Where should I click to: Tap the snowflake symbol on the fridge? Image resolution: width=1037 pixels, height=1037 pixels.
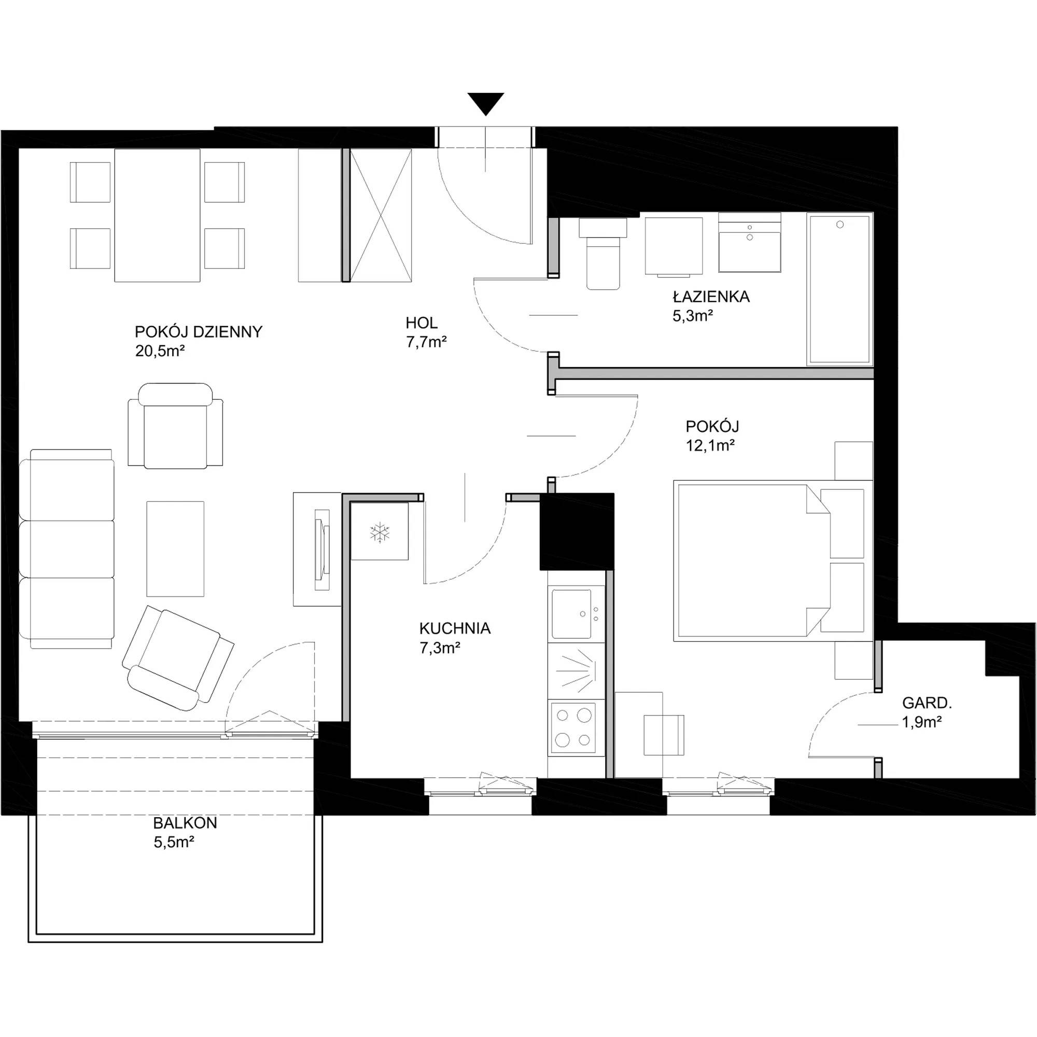(x=380, y=533)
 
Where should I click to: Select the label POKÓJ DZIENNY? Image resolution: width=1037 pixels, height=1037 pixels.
(x=199, y=332)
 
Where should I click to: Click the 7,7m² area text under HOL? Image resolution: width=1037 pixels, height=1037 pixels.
(x=427, y=342)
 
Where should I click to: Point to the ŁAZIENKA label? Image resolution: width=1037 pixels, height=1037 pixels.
(x=711, y=296)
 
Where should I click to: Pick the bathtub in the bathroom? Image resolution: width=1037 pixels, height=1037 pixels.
(x=839, y=290)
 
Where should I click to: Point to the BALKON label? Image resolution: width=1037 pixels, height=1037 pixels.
(x=185, y=823)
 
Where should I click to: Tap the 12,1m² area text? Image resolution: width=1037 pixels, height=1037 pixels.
(x=710, y=445)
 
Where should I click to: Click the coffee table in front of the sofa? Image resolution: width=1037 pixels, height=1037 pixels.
(x=176, y=549)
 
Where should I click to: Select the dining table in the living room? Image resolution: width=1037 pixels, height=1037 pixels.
(x=157, y=215)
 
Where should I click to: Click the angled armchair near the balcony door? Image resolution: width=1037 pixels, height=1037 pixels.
(x=178, y=657)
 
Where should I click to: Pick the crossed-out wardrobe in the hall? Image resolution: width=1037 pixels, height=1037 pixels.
(x=381, y=215)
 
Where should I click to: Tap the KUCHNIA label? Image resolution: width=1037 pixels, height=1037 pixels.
(x=455, y=628)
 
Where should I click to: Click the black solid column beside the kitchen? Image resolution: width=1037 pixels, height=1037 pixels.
(x=577, y=531)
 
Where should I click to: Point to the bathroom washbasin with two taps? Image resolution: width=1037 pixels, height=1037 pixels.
(x=749, y=243)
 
